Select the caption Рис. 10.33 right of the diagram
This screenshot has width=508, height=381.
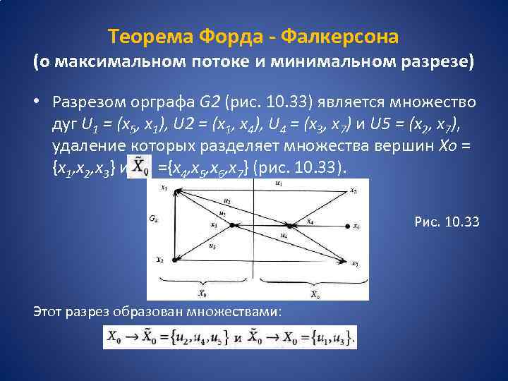tap(447, 222)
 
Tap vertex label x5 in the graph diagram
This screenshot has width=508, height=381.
tap(354, 190)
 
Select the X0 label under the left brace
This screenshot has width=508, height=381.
tap(203, 293)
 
